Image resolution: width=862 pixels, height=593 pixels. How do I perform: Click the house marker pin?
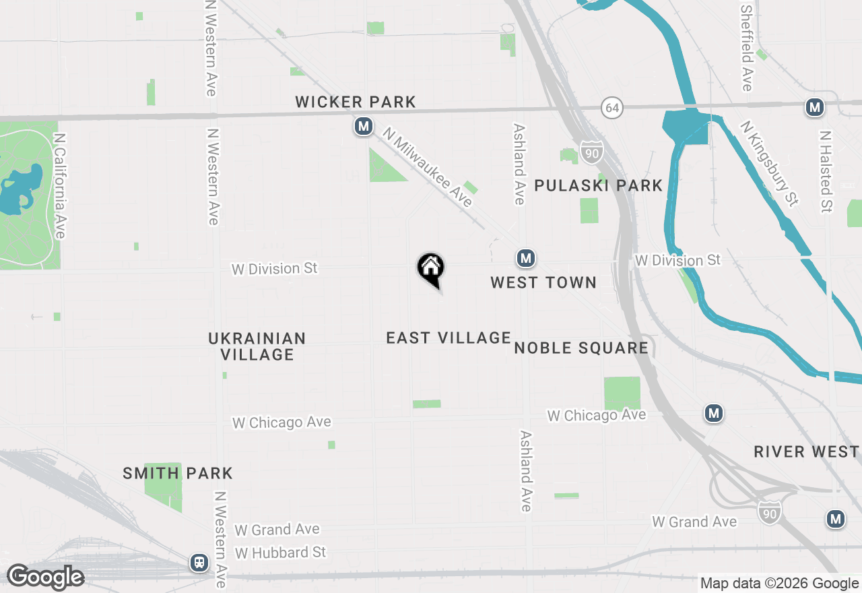click(x=430, y=269)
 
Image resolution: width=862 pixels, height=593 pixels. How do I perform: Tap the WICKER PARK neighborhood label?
click(x=356, y=102)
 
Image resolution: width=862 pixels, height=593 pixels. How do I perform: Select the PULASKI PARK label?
click(x=598, y=185)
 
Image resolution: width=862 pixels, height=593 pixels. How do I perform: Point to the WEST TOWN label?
click(x=543, y=282)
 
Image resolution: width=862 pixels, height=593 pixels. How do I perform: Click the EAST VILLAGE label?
click(x=449, y=338)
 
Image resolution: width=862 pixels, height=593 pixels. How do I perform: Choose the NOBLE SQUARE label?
click(x=581, y=348)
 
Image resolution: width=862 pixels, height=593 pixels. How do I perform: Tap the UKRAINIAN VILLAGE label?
click(x=257, y=346)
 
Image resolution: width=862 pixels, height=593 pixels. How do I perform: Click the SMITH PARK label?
click(x=178, y=473)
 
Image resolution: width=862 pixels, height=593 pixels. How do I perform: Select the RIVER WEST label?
click(x=806, y=451)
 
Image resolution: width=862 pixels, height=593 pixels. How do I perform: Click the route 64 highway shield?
click(x=611, y=107)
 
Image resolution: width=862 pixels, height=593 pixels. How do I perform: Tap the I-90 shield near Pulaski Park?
click(x=591, y=151)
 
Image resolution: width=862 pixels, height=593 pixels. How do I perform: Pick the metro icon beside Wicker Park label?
click(x=364, y=125)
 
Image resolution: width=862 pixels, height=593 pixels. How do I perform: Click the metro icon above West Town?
click(x=525, y=257)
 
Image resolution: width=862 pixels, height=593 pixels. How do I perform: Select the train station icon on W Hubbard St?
click(x=199, y=563)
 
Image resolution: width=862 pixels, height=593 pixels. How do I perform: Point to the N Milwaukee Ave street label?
click(x=428, y=167)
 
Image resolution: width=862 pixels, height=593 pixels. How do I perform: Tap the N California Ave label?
click(x=60, y=185)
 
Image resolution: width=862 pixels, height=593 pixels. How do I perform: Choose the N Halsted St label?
click(x=826, y=171)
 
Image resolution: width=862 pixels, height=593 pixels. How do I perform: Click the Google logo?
click(x=45, y=577)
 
